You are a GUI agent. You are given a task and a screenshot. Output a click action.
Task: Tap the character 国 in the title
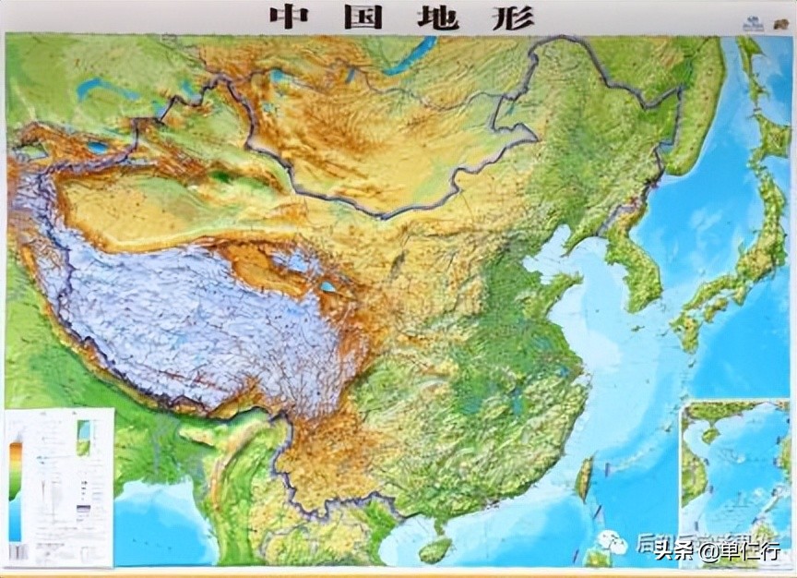(x=365, y=17)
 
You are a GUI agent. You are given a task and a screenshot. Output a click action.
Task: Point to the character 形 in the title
(x=514, y=17)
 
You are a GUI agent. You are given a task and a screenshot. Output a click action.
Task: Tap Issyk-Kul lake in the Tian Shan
(x=97, y=148)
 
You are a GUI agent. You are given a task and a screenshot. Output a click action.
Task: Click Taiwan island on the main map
(x=584, y=480)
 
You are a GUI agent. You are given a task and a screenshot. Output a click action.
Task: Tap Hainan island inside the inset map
(x=710, y=434)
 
